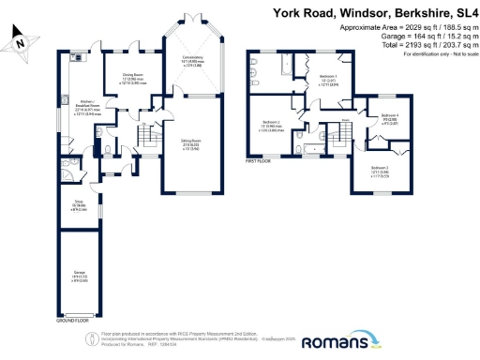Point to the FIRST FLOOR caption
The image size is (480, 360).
(259, 160)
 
